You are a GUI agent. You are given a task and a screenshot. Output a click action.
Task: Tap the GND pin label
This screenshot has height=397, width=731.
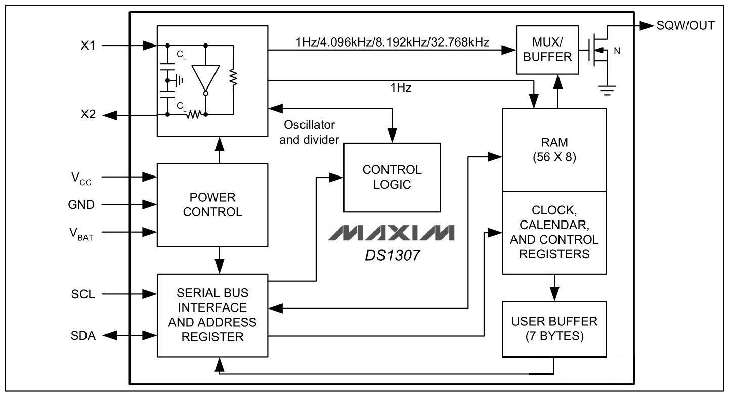click(81, 204)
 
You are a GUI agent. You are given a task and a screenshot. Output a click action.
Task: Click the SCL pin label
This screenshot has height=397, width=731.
click(82, 294)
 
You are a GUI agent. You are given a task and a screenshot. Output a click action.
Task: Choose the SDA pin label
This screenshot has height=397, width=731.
click(82, 335)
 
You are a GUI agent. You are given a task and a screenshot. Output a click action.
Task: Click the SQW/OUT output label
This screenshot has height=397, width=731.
click(685, 25)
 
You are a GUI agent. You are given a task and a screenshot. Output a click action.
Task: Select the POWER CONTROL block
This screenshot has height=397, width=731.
click(212, 204)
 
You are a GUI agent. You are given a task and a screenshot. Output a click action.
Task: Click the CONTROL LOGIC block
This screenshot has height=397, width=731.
click(392, 177)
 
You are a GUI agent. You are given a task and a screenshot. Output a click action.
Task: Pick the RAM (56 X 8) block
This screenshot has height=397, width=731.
click(554, 150)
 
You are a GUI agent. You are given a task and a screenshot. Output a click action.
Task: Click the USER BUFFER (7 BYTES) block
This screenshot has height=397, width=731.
click(554, 329)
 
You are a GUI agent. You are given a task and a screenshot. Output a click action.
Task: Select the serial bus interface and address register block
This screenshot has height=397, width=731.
click(212, 315)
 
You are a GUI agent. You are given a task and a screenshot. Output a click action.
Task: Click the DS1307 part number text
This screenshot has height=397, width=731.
click(392, 255)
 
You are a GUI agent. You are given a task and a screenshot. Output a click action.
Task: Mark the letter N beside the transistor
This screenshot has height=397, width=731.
click(617, 51)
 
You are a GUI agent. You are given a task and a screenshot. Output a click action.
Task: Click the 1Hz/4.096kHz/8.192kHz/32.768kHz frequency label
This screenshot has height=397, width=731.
click(393, 42)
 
